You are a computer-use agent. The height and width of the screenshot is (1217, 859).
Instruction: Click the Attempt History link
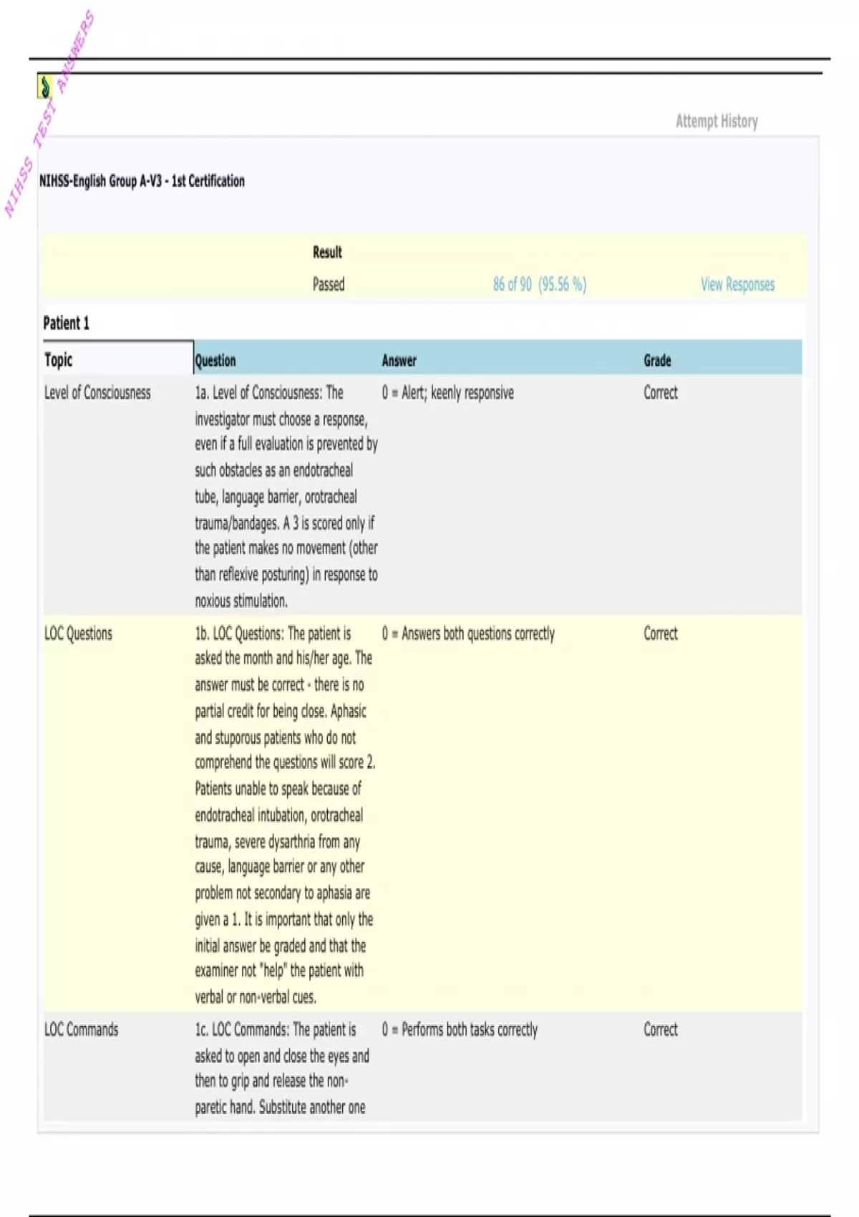[717, 121]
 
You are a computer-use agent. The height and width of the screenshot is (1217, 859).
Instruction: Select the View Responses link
[737, 284]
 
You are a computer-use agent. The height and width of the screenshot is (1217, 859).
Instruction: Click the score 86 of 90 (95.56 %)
[539, 284]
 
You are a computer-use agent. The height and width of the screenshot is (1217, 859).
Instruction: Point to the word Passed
[329, 284]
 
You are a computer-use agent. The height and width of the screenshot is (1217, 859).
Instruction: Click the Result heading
[327, 252]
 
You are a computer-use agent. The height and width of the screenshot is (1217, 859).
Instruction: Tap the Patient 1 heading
[66, 323]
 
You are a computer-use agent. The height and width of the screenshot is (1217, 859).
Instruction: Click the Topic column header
[59, 359]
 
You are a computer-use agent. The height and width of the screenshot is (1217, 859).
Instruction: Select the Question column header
[215, 360]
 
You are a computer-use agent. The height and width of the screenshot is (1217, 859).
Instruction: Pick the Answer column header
[399, 360]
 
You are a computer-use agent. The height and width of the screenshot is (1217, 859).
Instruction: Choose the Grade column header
[657, 360]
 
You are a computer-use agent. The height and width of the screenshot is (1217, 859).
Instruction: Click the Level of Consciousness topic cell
[97, 392]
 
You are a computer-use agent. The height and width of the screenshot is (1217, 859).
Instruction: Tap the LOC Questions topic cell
[78, 634]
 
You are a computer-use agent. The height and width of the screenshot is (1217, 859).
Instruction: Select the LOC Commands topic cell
[81, 1029]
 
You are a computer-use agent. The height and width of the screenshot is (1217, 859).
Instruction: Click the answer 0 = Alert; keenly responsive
[447, 392]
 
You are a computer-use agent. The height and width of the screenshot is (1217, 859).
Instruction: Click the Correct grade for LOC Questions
[660, 634]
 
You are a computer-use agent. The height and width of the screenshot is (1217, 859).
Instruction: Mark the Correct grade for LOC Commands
[660, 1029]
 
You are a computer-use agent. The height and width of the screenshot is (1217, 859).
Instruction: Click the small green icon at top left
[45, 87]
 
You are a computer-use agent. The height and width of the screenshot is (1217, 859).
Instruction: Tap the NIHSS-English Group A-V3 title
[142, 181]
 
